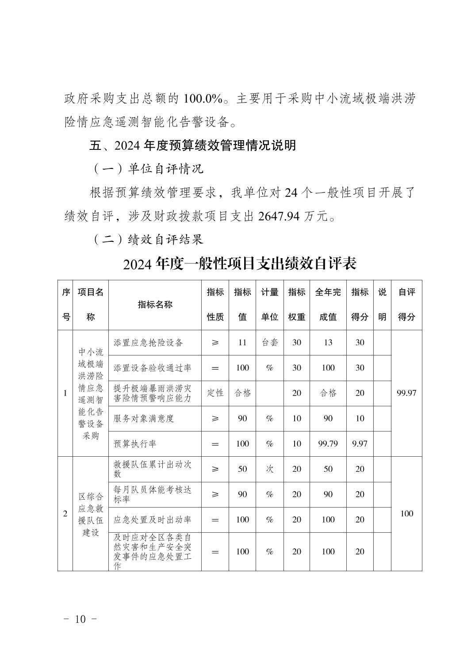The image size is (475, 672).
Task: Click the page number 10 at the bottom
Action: click(x=80, y=619)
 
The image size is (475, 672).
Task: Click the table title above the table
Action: click(x=240, y=264)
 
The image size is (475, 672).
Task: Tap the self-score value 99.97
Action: click(x=406, y=393)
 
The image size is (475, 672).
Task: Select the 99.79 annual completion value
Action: click(x=328, y=443)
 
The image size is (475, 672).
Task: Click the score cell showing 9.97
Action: click(x=360, y=443)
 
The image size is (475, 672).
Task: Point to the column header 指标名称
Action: click(x=155, y=305)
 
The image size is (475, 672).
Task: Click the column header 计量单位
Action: click(x=269, y=305)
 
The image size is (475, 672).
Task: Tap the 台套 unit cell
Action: click(x=269, y=343)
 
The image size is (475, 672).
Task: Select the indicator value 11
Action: click(x=242, y=343)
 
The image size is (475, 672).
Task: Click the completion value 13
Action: click(x=328, y=343)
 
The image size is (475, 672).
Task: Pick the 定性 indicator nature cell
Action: click(x=215, y=393)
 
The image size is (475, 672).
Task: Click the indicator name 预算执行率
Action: click(x=135, y=443)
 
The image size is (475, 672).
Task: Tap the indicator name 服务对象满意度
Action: click(x=144, y=418)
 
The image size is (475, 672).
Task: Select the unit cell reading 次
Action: click(x=269, y=469)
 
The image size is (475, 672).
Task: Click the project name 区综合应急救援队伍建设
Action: click(x=90, y=514)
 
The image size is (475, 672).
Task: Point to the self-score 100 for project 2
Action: click(x=406, y=513)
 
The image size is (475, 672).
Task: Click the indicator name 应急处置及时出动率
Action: click(x=152, y=519)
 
